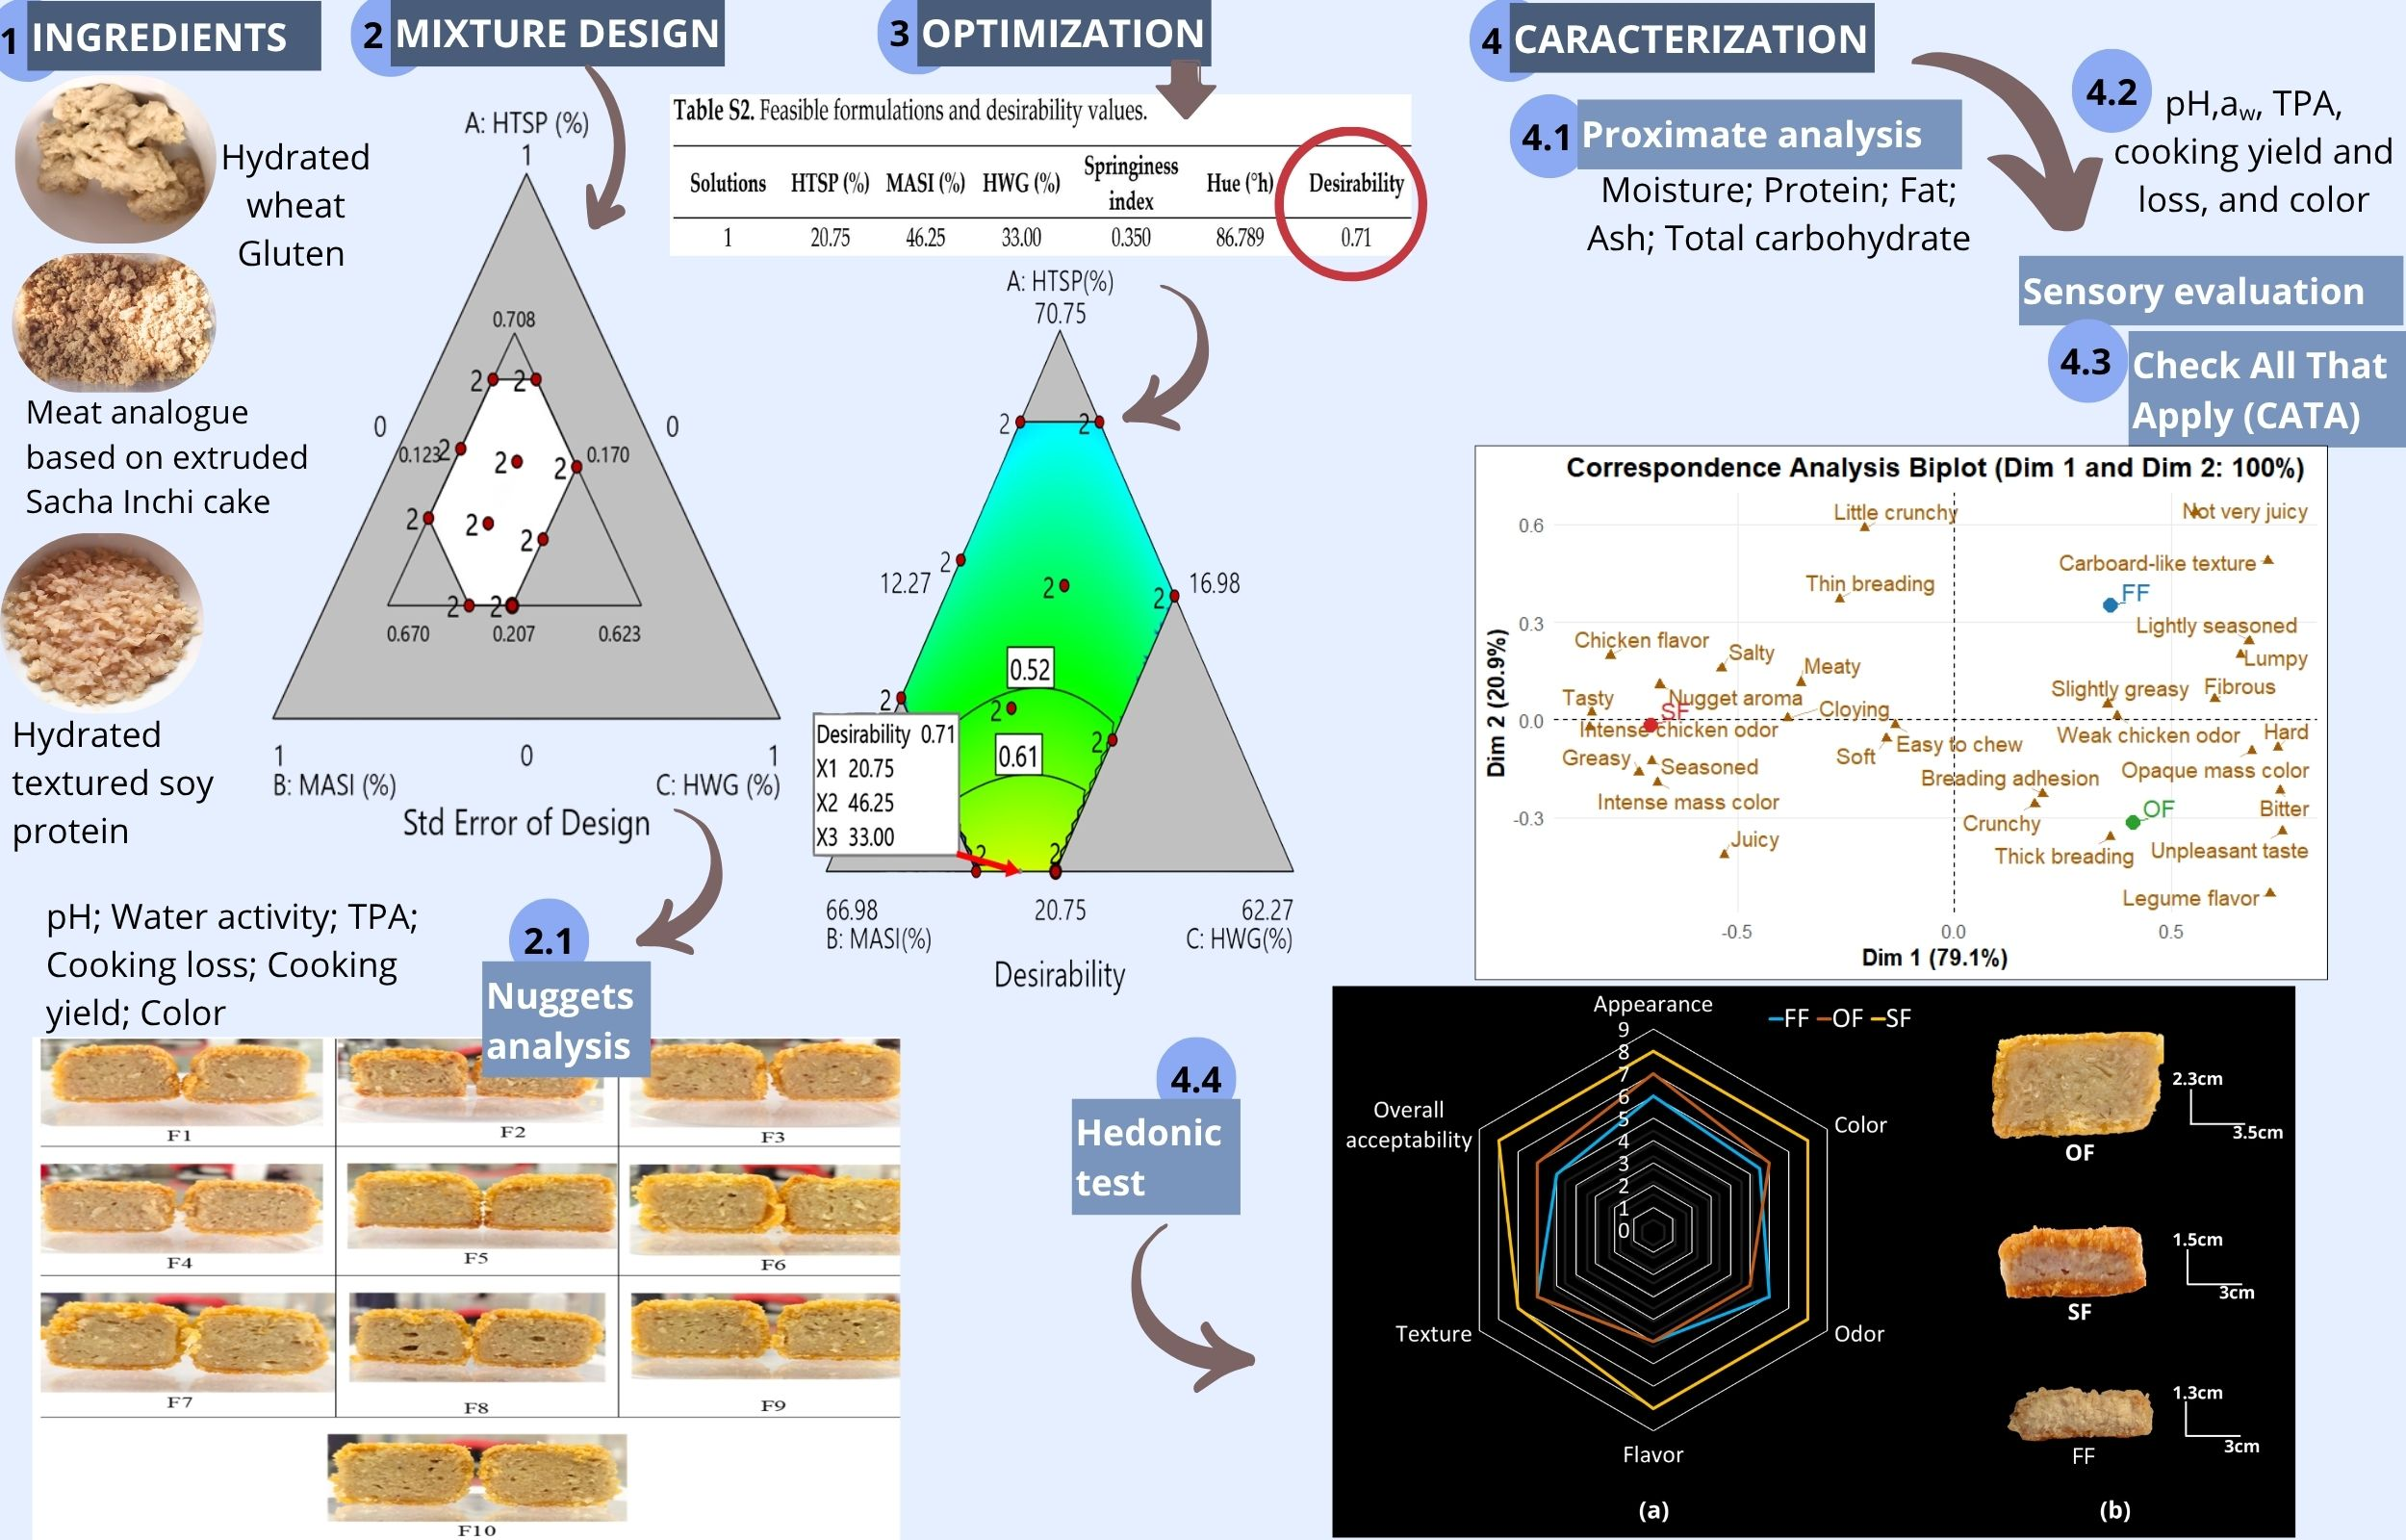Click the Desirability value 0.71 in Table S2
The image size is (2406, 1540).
pos(1355,237)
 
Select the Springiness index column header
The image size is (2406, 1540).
pos(1131,183)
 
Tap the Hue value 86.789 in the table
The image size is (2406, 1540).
pos(1240,237)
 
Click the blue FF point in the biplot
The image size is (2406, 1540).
pos(2111,605)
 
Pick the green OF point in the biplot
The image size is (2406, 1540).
pos(2133,822)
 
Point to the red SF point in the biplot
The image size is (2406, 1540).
pos(1651,725)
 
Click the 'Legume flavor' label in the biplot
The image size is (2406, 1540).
pos(2190,898)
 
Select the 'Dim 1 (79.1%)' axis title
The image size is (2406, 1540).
pos(1934,957)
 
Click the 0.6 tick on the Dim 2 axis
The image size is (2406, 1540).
pos(1530,525)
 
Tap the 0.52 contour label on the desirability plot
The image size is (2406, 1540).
pos(1030,669)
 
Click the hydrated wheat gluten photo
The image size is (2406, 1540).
pos(115,160)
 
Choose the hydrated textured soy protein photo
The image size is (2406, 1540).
pos(102,620)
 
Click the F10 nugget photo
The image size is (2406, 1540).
pos(477,1477)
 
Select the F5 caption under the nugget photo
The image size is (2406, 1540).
pos(475,1258)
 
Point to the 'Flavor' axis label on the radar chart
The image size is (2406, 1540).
pos(1652,1454)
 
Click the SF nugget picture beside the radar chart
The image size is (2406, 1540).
pos(2072,1262)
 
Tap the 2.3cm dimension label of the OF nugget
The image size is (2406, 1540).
pos(2197,1079)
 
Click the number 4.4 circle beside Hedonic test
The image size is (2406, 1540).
pos(1195,1078)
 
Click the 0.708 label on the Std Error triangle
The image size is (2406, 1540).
pos(514,319)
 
